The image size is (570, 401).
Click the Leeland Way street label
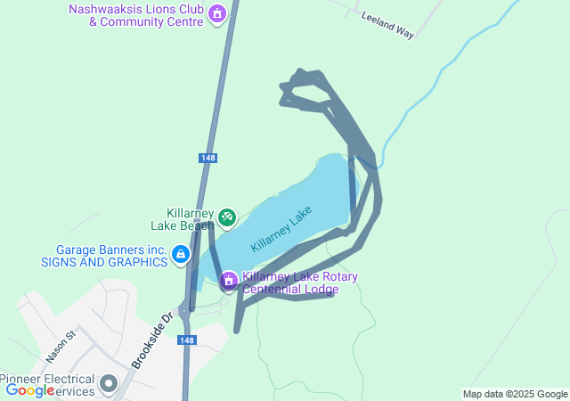click(x=387, y=25)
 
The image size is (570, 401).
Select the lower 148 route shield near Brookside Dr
click(x=186, y=340)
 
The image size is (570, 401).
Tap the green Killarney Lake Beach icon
click(x=226, y=216)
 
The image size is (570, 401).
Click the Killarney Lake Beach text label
click(x=190, y=219)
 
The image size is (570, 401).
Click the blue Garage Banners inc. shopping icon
click(x=181, y=256)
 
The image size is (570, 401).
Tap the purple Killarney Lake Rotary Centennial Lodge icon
click(x=229, y=282)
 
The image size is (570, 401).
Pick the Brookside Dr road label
click(x=150, y=341)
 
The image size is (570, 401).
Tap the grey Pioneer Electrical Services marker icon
click(x=109, y=384)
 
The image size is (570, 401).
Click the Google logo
click(x=29, y=390)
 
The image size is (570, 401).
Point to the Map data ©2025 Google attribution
click(x=515, y=394)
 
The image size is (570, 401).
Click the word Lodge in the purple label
click(x=320, y=290)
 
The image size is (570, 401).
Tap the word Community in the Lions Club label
click(x=136, y=21)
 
